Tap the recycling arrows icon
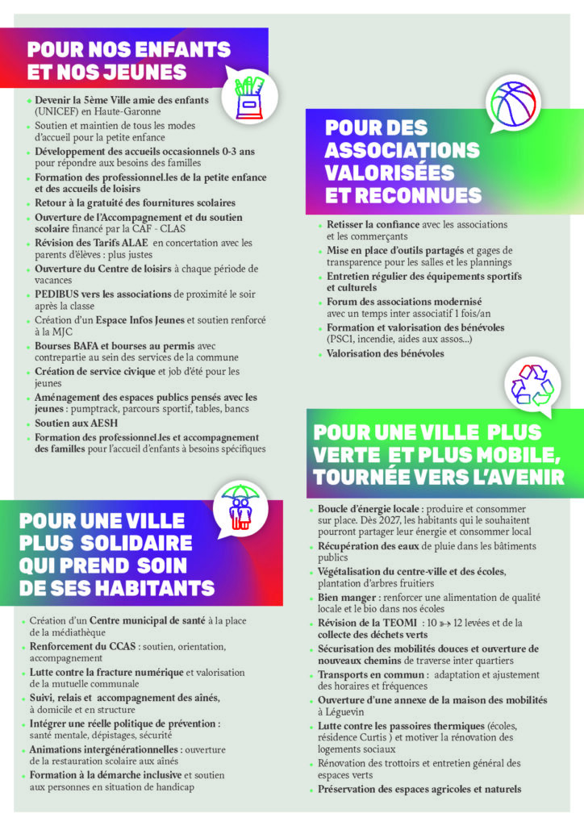[531, 384]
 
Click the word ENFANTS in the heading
[181, 50]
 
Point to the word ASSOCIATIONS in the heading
[402, 151]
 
